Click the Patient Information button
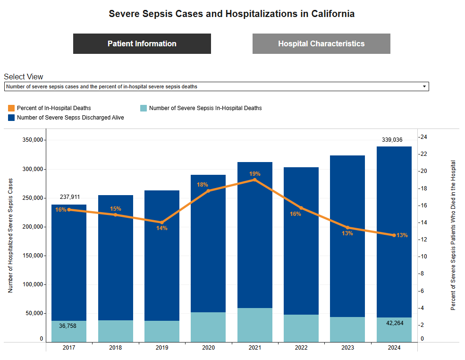[142, 44]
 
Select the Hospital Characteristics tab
[321, 44]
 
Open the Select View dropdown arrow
[424, 87]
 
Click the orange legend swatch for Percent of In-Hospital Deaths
[12, 108]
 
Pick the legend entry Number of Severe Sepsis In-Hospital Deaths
[205, 108]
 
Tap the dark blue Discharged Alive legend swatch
[12, 118]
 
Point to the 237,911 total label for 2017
[70, 197]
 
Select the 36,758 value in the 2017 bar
[69, 326]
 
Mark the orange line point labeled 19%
[254, 180]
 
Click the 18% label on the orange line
[203, 185]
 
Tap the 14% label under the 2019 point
[162, 228]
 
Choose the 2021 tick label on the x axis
[254, 348]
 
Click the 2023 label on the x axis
[347, 348]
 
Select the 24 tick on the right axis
[423, 137]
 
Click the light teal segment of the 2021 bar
[254, 325]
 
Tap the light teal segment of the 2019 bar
[162, 331]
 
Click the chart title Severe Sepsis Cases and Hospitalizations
[231, 14]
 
